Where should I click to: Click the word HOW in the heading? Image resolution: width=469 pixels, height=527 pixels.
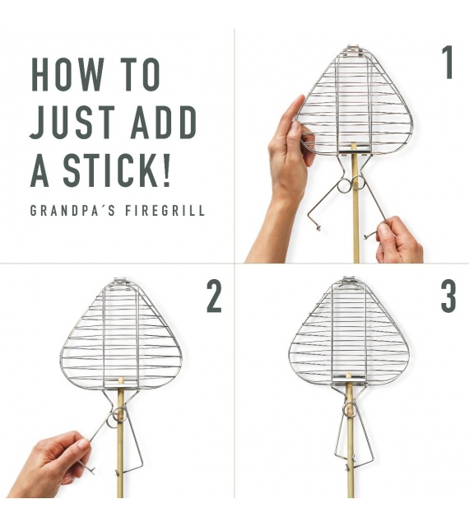click(x=67, y=75)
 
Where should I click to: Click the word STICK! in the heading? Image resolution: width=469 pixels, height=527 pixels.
click(x=117, y=170)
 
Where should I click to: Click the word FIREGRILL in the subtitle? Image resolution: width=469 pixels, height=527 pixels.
click(x=165, y=211)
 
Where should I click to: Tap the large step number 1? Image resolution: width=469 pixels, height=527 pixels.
click(x=448, y=63)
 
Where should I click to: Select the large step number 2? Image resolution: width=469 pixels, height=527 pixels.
click(x=214, y=296)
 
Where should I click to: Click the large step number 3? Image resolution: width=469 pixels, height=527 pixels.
click(x=448, y=296)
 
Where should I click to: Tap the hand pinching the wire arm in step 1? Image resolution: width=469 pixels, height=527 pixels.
click(x=398, y=240)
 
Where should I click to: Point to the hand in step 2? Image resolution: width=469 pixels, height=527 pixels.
click(x=50, y=464)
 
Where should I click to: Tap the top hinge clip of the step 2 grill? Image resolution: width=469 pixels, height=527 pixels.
click(x=121, y=281)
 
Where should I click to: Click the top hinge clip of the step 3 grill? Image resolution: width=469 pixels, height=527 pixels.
click(x=348, y=280)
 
